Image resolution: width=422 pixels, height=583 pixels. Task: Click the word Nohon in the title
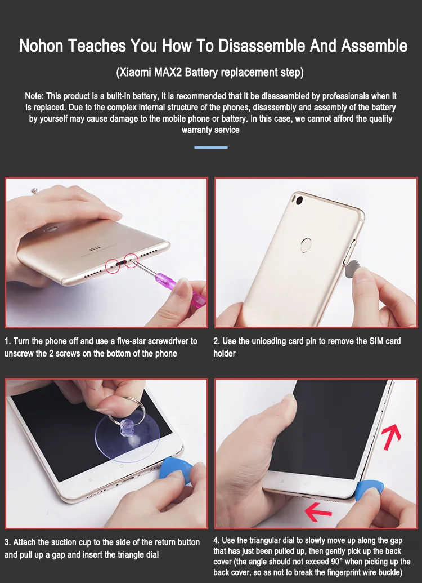point(41,46)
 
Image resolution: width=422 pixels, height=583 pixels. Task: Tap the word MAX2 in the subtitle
point(168,72)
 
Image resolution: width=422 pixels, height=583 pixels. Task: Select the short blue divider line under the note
point(211,148)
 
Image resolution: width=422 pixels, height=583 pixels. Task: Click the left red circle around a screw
point(113,266)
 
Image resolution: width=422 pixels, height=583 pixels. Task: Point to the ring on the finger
point(35,191)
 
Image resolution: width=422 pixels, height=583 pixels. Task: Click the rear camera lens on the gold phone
point(299,201)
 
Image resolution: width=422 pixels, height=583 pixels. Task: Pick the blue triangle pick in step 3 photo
point(176,470)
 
